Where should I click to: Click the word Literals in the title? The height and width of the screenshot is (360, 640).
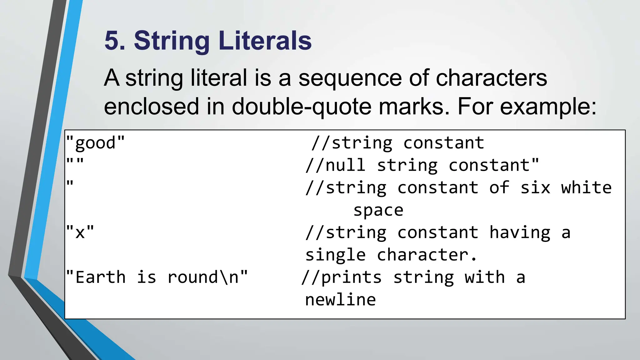point(265,41)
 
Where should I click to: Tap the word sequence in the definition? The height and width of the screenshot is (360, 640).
point(349,78)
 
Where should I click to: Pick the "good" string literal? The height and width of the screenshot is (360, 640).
point(95,143)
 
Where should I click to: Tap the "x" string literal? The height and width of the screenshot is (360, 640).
point(80,232)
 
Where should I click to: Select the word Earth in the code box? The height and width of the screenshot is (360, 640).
point(101,277)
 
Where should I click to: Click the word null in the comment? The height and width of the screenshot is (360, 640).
point(345,165)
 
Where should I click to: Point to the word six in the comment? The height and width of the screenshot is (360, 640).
point(535,188)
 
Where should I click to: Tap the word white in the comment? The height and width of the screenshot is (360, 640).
point(586,188)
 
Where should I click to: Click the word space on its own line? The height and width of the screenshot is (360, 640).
point(378,210)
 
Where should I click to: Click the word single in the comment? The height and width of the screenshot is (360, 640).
point(335,255)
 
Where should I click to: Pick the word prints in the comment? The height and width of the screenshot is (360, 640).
point(351,277)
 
